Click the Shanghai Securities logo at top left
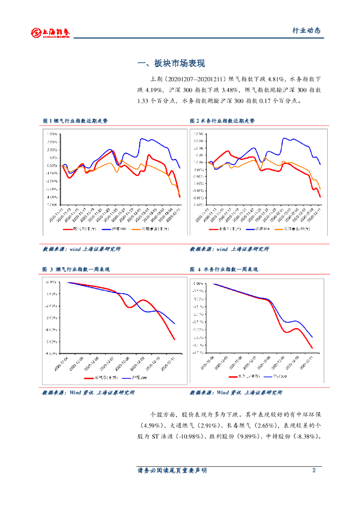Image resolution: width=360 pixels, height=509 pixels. pos(50,32)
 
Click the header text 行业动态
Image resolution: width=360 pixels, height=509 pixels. pos(306,30)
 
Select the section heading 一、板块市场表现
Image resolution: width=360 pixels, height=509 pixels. pos(171,64)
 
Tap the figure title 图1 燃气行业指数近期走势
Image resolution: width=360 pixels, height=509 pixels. pos(75,121)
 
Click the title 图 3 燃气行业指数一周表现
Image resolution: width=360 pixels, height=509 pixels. pos(76,269)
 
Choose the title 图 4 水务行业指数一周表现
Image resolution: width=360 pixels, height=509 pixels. pos(224,269)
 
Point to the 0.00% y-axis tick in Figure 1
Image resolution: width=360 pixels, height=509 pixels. pos(51,165)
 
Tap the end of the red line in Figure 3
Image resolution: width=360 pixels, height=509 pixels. pos(175,339)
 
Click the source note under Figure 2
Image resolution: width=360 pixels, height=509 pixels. pos(229,249)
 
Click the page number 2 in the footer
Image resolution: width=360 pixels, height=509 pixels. pos(314,470)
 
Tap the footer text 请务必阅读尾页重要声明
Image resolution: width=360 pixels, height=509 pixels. pos(172,470)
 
